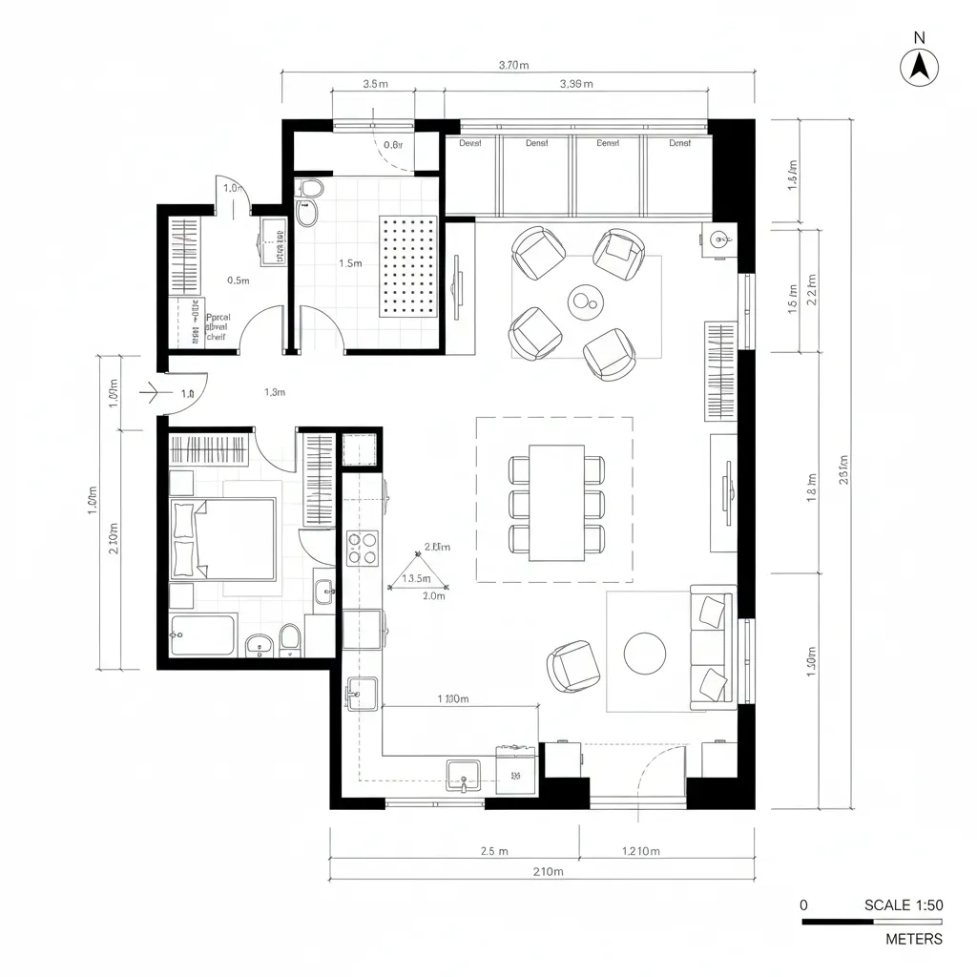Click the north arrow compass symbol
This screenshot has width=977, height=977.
920,66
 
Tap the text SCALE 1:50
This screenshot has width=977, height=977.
903,904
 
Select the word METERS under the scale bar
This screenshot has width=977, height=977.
913,939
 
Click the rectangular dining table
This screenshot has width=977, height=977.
557,503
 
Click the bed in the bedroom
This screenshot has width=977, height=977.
222,539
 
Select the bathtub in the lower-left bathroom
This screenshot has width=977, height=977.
202,635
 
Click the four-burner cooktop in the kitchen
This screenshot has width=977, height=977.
363,549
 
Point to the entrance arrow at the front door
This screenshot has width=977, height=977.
151,390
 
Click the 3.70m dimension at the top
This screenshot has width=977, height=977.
513,65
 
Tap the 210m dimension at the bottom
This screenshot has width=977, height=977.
549,872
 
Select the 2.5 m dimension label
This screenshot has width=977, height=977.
493,850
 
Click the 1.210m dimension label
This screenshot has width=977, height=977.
640,850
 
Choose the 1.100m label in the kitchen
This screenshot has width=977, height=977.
452,698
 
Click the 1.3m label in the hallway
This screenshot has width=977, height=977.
274,391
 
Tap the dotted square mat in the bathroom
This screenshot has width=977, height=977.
408,266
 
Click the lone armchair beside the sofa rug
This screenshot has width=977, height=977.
573,666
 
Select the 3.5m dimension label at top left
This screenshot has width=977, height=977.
376,83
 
